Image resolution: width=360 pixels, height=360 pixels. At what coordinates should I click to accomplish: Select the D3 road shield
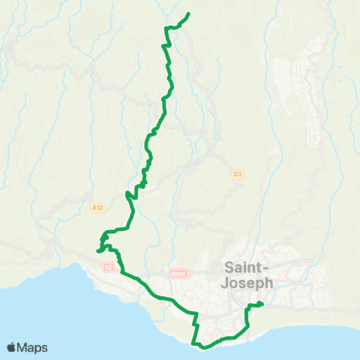(237, 174)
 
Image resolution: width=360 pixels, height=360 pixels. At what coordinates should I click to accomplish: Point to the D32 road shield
(96, 207)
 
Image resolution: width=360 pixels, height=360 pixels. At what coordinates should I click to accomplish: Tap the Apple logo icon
(12, 347)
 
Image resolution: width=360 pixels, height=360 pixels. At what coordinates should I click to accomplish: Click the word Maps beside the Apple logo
(33, 347)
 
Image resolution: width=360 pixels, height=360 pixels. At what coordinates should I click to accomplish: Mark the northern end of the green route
(187, 13)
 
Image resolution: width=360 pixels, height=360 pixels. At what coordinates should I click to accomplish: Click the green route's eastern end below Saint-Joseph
(262, 304)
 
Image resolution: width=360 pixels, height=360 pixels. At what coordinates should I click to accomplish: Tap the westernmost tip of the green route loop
(98, 251)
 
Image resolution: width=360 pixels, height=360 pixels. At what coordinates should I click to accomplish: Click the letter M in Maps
(24, 347)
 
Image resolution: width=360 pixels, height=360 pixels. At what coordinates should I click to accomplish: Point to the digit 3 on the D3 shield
(240, 174)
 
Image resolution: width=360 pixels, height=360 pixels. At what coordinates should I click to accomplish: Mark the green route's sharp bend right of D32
(128, 196)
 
